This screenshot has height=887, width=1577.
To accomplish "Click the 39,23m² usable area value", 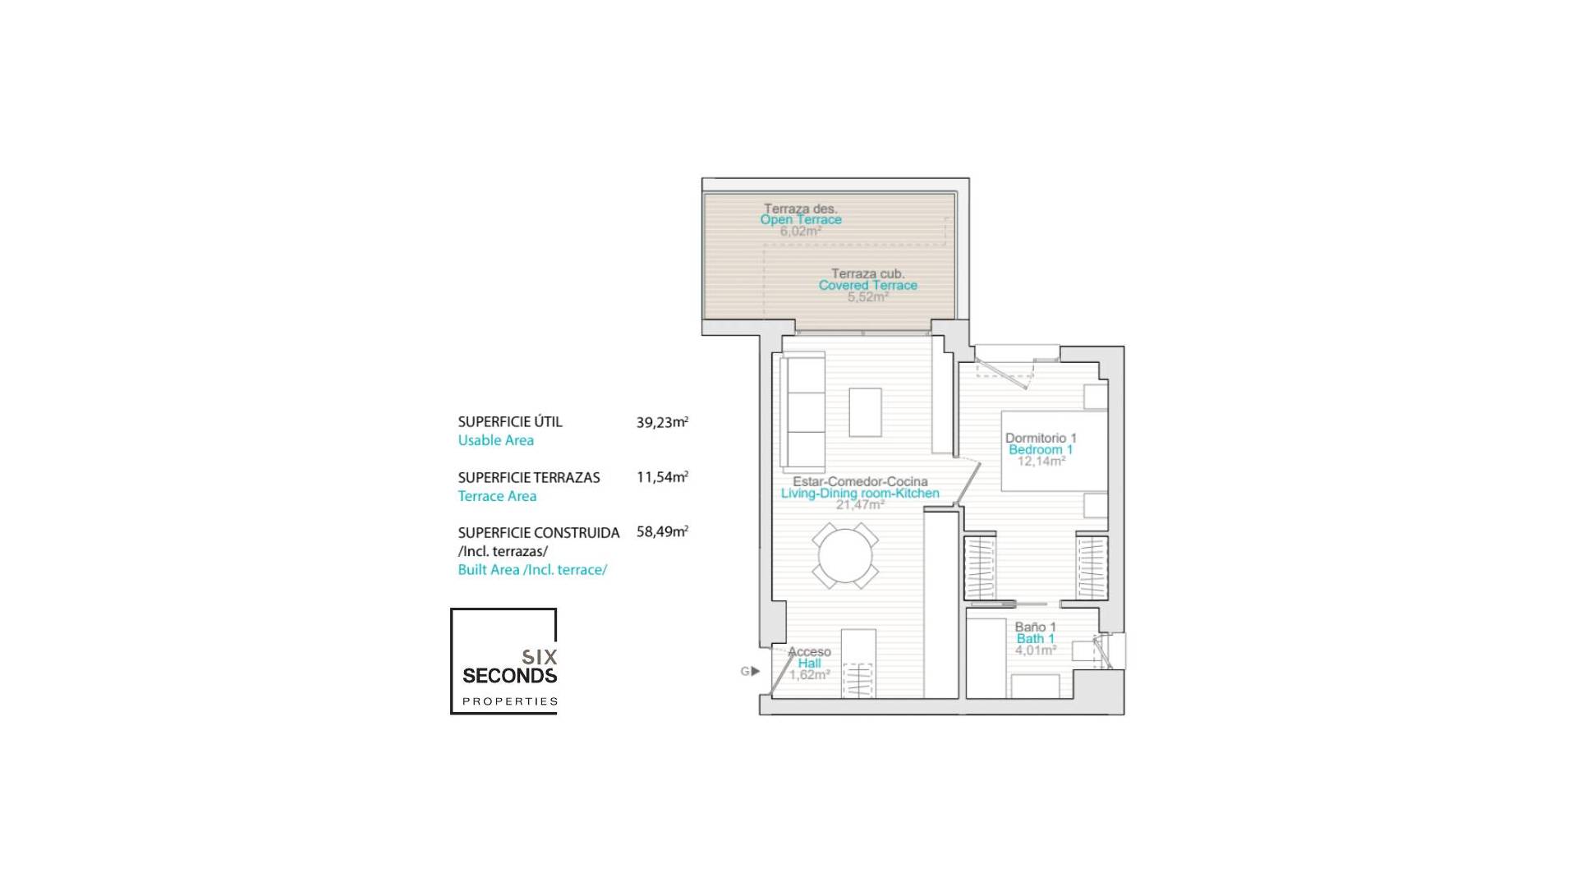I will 662,423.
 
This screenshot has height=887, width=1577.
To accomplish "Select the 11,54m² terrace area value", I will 662,477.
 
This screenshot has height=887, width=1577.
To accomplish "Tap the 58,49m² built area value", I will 662,532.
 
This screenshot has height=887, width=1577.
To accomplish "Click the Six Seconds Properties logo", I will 503,662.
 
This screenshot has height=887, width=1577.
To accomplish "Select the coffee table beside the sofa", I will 865,412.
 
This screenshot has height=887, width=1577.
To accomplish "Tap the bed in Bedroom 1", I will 1054,450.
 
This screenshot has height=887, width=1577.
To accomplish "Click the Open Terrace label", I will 801,220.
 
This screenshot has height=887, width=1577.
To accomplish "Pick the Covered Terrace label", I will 867,286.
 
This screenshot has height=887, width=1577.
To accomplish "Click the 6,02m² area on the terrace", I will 801,232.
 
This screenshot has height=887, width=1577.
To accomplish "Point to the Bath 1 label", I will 1035,639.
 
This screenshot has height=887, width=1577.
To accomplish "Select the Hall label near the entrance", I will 809,664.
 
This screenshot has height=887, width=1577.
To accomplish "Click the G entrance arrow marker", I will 750,671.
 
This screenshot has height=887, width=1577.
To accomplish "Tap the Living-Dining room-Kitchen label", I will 860,494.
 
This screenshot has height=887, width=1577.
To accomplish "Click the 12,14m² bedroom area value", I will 1041,462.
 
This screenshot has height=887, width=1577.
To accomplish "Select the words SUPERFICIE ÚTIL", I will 510,422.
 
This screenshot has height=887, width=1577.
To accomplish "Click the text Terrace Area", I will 497,496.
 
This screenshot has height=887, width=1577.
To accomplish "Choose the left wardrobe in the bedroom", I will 979,567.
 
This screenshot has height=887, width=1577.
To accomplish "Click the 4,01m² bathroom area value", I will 1036,650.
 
